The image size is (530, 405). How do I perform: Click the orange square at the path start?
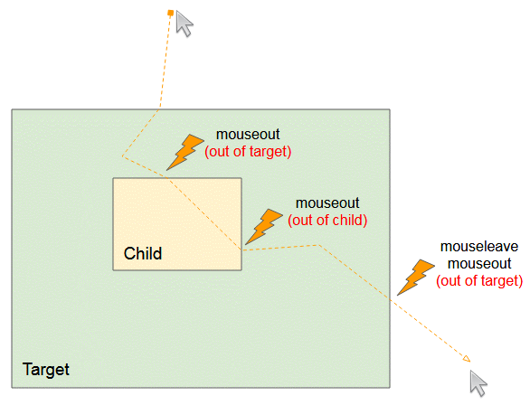[x=171, y=14]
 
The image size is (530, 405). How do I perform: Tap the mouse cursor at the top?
[x=185, y=24]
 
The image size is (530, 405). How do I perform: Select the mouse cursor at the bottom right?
[x=478, y=383]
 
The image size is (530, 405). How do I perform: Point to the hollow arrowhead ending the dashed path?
[x=467, y=359]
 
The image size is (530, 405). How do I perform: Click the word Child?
[x=143, y=253]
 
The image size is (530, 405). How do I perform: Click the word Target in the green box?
[x=45, y=370]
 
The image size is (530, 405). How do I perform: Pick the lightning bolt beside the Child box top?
[x=185, y=152]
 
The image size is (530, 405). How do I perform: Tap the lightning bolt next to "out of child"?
[x=264, y=226]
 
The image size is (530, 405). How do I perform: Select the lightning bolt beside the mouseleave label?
[x=416, y=278]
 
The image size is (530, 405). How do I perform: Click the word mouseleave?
[x=479, y=247]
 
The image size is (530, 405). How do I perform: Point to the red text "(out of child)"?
[x=327, y=221]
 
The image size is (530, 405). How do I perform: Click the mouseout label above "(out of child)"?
[x=327, y=203]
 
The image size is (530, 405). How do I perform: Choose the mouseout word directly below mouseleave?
[x=479, y=263]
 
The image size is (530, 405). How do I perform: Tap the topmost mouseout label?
[x=248, y=135]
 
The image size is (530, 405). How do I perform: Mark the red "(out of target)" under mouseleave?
[x=479, y=280]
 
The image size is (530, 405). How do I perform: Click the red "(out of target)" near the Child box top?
[x=248, y=152]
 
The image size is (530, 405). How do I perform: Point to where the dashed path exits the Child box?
[x=241, y=250]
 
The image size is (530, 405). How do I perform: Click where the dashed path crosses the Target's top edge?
[x=160, y=109]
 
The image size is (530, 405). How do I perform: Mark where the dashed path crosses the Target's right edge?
[x=390, y=299]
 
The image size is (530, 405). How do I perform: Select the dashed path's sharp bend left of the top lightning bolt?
[x=122, y=156]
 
